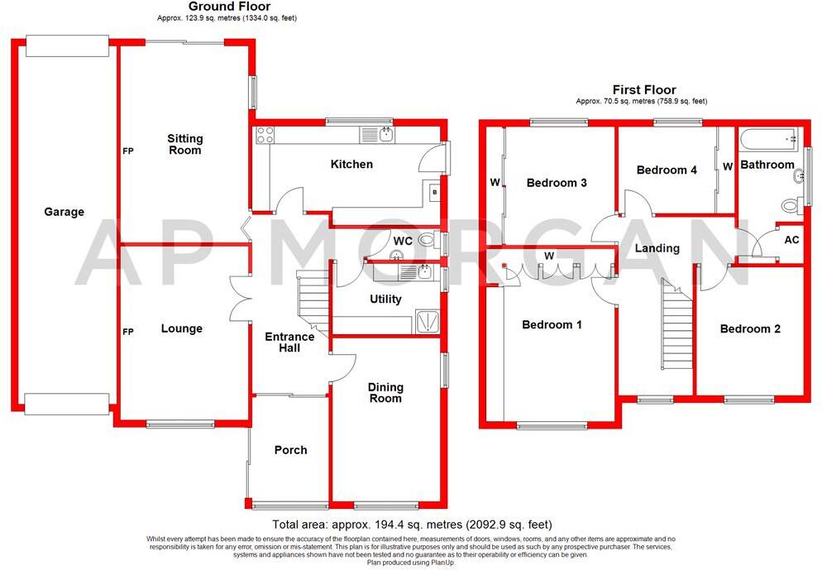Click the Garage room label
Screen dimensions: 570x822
pyautogui.click(x=65, y=212)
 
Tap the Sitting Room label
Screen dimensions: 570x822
pyautogui.click(x=184, y=145)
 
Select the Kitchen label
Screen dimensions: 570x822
pyautogui.click(x=351, y=165)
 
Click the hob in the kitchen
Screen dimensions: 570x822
pyautogui.click(x=265, y=136)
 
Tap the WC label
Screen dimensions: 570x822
pyautogui.click(x=403, y=242)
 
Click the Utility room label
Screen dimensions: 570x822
pyautogui.click(x=385, y=299)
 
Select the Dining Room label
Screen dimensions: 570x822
pyautogui.click(x=385, y=393)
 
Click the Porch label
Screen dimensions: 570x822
pyautogui.click(x=290, y=450)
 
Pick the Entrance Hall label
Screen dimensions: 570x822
pyautogui.click(x=289, y=342)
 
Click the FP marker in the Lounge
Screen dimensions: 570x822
pyautogui.click(x=128, y=332)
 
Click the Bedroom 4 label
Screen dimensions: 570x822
pyautogui.click(x=667, y=170)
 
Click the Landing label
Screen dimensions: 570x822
pyautogui.click(x=657, y=248)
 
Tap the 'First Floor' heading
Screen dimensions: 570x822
pyautogui.click(x=643, y=90)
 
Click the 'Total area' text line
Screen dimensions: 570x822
pyautogui.click(x=411, y=524)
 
